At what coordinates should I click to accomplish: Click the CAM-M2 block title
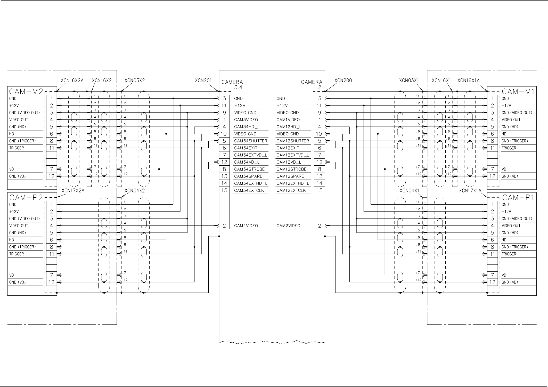[x=26, y=92]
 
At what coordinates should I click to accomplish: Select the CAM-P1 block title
[x=518, y=198]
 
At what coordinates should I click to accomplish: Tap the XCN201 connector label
[x=203, y=80]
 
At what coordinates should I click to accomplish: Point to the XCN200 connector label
[x=343, y=80]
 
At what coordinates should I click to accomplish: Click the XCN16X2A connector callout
[x=72, y=80]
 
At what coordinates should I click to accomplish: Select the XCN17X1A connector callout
[x=470, y=191]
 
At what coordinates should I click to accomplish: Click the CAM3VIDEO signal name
[x=246, y=120]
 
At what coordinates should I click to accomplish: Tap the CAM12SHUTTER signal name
[x=292, y=141]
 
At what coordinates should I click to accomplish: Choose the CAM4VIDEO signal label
[x=246, y=226]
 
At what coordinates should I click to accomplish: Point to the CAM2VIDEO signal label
[x=288, y=226]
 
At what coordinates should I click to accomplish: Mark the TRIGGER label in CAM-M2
[x=17, y=148]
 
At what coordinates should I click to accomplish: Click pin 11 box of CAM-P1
[x=492, y=254]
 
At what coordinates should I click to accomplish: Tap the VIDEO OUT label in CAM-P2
[x=19, y=226]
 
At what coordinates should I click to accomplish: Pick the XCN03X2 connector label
[x=134, y=80]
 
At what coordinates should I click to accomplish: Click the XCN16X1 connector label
[x=441, y=80]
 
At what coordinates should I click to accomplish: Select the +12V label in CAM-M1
[x=506, y=106]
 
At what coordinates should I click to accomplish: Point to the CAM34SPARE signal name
[x=248, y=176]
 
